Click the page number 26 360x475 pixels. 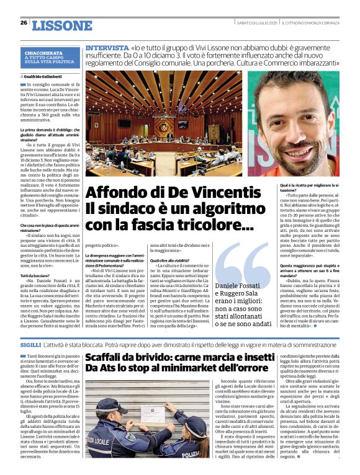(x=24, y=22)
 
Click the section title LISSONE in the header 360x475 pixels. (x=61, y=25)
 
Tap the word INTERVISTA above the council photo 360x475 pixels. (x=106, y=47)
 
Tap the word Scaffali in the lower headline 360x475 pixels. (x=110, y=358)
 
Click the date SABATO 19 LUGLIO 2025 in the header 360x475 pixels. (x=257, y=23)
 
